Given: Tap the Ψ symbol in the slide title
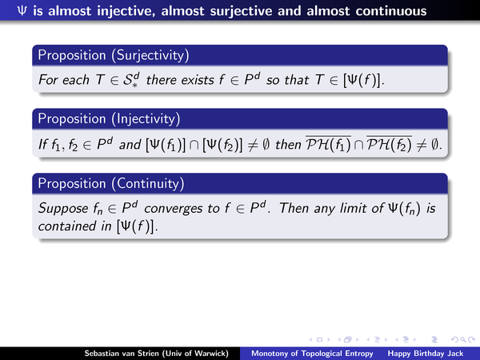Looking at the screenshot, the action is pos(22,11).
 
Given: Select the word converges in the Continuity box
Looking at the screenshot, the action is pos(174,209).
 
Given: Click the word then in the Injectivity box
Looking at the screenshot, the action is pos(288,145).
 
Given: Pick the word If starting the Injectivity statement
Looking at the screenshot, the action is pos(42,145).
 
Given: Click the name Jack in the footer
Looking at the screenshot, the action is pos(456,354).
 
